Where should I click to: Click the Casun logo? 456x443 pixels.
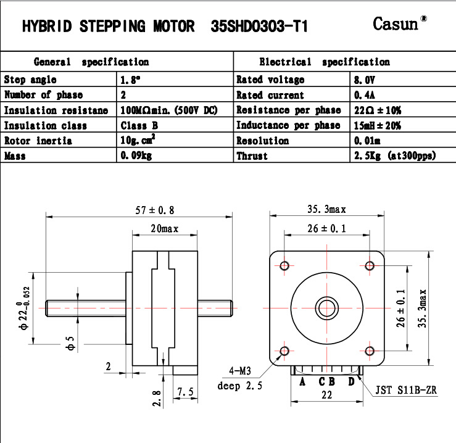[x=400, y=23]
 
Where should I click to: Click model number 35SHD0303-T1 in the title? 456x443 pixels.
[x=259, y=27]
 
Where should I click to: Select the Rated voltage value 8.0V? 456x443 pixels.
[x=365, y=80]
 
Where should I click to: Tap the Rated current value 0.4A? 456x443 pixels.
[x=365, y=95]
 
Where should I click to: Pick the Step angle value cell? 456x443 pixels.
[x=175, y=79]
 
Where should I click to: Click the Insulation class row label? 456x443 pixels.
[x=46, y=125]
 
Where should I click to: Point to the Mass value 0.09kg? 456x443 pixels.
[x=136, y=155]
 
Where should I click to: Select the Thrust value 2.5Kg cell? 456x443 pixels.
[x=403, y=155]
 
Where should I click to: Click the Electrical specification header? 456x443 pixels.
[x=325, y=62]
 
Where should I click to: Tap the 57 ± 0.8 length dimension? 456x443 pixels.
[x=155, y=210]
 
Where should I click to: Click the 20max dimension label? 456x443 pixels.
[x=164, y=229]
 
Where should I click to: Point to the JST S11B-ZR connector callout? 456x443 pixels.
[x=406, y=390]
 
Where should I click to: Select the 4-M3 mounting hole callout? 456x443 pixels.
[x=240, y=371]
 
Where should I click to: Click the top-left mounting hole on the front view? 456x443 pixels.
[x=284, y=265]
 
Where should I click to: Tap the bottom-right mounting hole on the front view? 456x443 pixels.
[x=370, y=351]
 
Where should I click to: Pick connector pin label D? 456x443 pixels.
[x=351, y=381]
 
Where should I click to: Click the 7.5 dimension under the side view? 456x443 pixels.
[x=185, y=392]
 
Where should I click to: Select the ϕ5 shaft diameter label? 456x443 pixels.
[x=71, y=343]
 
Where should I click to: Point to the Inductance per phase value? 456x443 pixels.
[x=377, y=125]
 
